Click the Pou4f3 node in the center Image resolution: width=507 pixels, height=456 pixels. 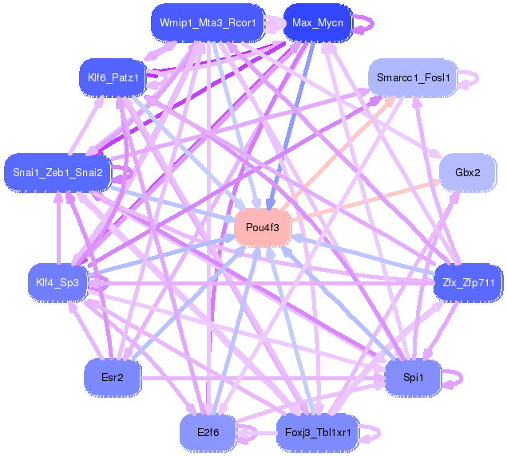[262, 228]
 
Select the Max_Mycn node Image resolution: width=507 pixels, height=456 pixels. [317, 22]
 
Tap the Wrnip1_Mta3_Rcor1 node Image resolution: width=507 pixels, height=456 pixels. [207, 22]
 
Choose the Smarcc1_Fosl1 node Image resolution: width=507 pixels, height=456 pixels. [414, 77]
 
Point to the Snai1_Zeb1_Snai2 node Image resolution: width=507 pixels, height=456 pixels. [57, 172]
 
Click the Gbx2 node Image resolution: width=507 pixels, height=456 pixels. [467, 172]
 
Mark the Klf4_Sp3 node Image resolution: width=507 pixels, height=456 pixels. [57, 282]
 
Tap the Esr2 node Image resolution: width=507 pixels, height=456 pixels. [113, 376]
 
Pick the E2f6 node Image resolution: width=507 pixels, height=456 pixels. [207, 432]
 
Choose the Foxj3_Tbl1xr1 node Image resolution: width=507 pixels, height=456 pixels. [318, 432]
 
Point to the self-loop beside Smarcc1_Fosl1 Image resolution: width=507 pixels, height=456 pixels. [474, 77]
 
